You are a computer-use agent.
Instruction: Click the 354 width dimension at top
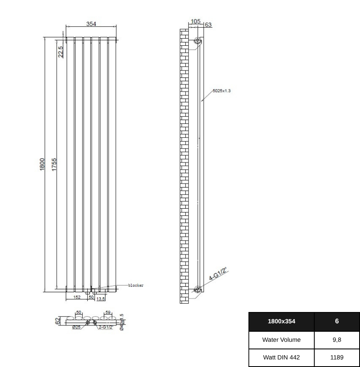point(91,24)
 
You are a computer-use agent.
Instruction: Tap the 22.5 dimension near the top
point(60,52)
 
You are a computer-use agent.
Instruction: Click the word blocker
point(136,286)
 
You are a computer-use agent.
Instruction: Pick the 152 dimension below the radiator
point(77,297)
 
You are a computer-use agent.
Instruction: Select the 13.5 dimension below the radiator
point(101,299)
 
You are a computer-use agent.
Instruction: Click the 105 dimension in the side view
point(196,21)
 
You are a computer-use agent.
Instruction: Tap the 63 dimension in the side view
point(208,25)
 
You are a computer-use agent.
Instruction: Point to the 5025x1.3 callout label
point(222,91)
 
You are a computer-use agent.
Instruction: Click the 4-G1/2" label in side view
point(218,274)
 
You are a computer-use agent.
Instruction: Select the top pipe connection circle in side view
point(197,41)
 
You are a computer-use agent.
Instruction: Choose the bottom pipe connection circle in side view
point(197,289)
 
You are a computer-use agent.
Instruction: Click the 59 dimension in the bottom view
point(108,312)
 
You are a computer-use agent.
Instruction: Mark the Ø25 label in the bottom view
point(76,327)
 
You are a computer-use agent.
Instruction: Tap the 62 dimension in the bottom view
point(58,321)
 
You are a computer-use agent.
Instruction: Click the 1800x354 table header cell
point(281,322)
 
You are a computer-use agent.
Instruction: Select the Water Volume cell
point(281,340)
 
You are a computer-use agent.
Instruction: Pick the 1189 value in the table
point(337,358)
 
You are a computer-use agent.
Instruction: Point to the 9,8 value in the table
point(337,340)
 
